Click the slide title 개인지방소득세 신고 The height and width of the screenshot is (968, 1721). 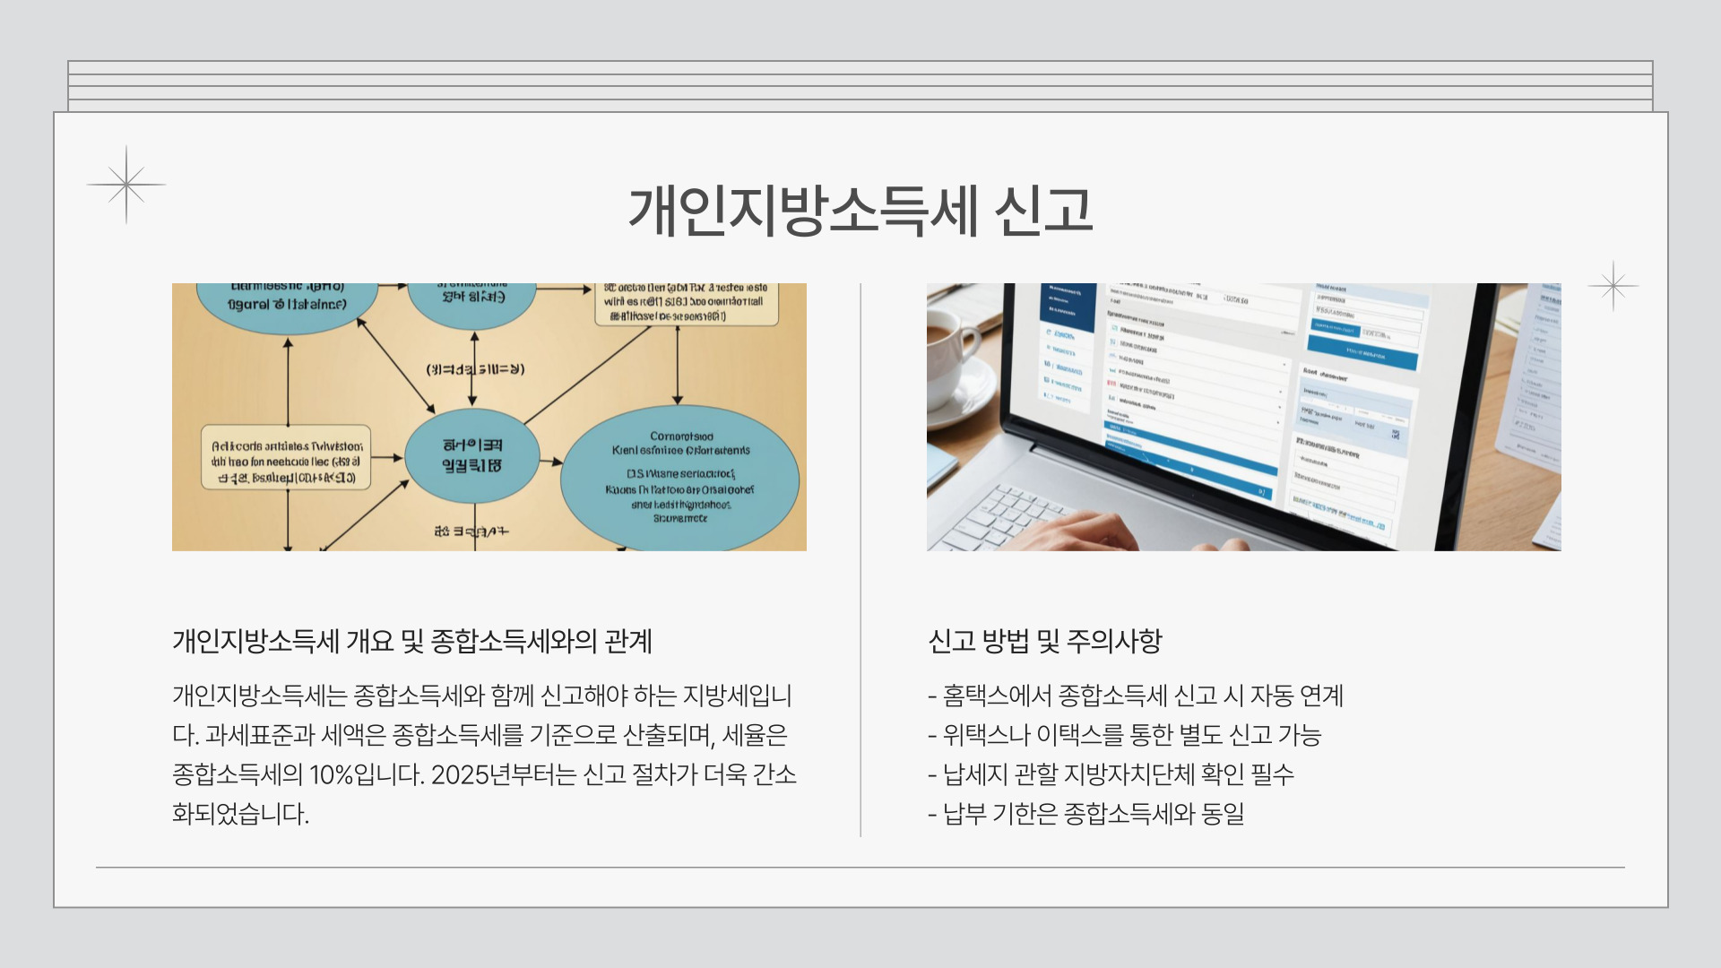point(860,212)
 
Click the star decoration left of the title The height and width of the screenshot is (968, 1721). point(126,185)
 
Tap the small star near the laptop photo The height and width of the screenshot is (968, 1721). point(1613,286)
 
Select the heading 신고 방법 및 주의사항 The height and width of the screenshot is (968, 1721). point(1045,641)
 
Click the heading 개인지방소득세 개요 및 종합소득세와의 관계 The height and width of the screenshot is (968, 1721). point(412,641)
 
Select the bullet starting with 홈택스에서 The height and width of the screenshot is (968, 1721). point(1137,696)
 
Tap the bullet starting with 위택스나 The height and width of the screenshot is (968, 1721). point(1126,735)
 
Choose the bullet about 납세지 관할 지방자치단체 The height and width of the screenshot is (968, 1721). point(1111,774)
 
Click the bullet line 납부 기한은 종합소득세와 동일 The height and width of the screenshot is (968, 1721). point(1086,814)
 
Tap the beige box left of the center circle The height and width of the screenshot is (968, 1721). point(286,457)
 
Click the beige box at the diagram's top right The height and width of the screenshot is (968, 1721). point(686,303)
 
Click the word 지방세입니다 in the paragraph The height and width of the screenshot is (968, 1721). point(737,696)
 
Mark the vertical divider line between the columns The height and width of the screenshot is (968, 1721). point(860,560)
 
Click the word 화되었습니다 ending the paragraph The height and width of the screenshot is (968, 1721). point(240,814)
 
